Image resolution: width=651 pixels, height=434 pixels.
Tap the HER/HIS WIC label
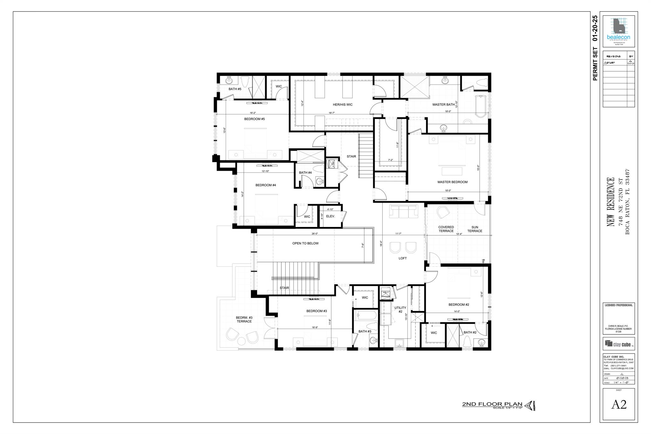tap(342, 105)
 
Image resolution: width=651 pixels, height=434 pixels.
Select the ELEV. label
tap(331, 216)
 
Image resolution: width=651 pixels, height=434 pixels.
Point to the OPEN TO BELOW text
tap(305, 244)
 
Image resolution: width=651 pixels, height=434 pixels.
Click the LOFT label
tap(402, 258)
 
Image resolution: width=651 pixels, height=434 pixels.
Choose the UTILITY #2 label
tap(400, 310)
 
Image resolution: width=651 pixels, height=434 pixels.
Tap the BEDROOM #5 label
tap(254, 119)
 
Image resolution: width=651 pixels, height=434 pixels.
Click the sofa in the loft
tap(403, 211)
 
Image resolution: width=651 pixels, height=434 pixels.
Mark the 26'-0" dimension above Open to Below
tap(315, 234)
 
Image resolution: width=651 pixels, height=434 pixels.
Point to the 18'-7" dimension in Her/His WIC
tap(332, 113)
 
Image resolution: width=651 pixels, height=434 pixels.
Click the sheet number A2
tap(619, 404)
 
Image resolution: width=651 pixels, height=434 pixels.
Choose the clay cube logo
tap(618, 343)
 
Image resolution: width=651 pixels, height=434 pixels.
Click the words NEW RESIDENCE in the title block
tap(611, 202)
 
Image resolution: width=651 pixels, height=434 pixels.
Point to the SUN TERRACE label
tap(475, 229)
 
